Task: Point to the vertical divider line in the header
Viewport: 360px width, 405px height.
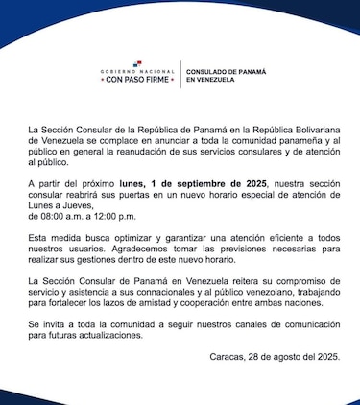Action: point(180,75)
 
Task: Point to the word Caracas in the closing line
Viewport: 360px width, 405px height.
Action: point(228,357)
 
